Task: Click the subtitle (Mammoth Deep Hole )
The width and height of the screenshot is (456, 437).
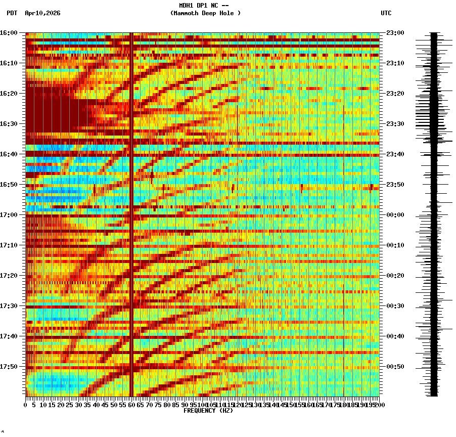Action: pyautogui.click(x=205, y=13)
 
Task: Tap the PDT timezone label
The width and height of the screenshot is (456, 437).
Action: pyautogui.click(x=12, y=13)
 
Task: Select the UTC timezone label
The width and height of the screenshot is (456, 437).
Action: pyautogui.click(x=386, y=13)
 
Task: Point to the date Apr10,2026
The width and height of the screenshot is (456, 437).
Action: pyautogui.click(x=42, y=13)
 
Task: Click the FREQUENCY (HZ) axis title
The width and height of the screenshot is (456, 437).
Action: pyautogui.click(x=208, y=411)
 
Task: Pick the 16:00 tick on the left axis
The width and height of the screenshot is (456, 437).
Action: pyautogui.click(x=9, y=33)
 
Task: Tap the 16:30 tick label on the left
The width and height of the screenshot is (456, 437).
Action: pyautogui.click(x=9, y=124)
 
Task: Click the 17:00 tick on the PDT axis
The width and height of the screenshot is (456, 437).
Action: pyautogui.click(x=9, y=215)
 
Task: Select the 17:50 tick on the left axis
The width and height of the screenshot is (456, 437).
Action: pyautogui.click(x=9, y=367)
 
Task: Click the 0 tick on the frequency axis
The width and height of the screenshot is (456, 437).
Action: pyautogui.click(x=26, y=405)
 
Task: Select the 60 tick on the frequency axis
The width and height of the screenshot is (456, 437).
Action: pyautogui.click(x=131, y=405)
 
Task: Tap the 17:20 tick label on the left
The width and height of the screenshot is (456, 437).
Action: pyautogui.click(x=9, y=276)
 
